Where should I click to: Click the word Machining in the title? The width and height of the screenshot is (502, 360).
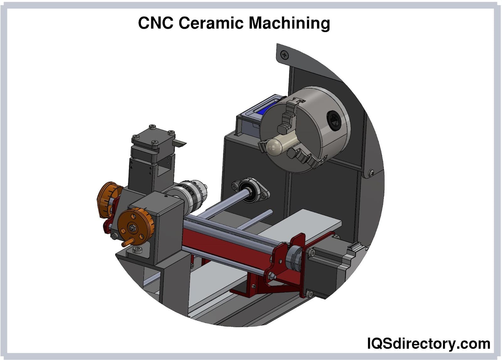[289, 24]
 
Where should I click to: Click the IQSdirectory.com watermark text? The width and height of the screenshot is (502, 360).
[429, 343]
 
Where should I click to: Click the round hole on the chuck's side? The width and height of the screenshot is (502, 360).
[334, 121]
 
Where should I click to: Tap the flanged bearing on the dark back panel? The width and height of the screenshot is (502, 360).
[251, 190]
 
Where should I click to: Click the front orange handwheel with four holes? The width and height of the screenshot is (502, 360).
[136, 226]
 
